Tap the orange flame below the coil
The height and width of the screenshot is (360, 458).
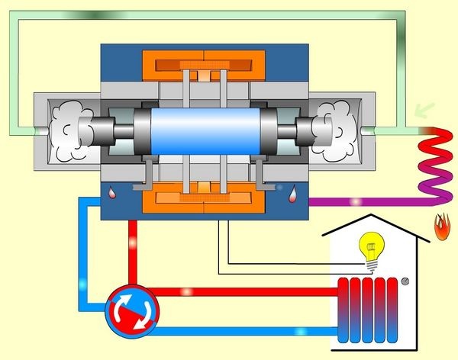point(440,226)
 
